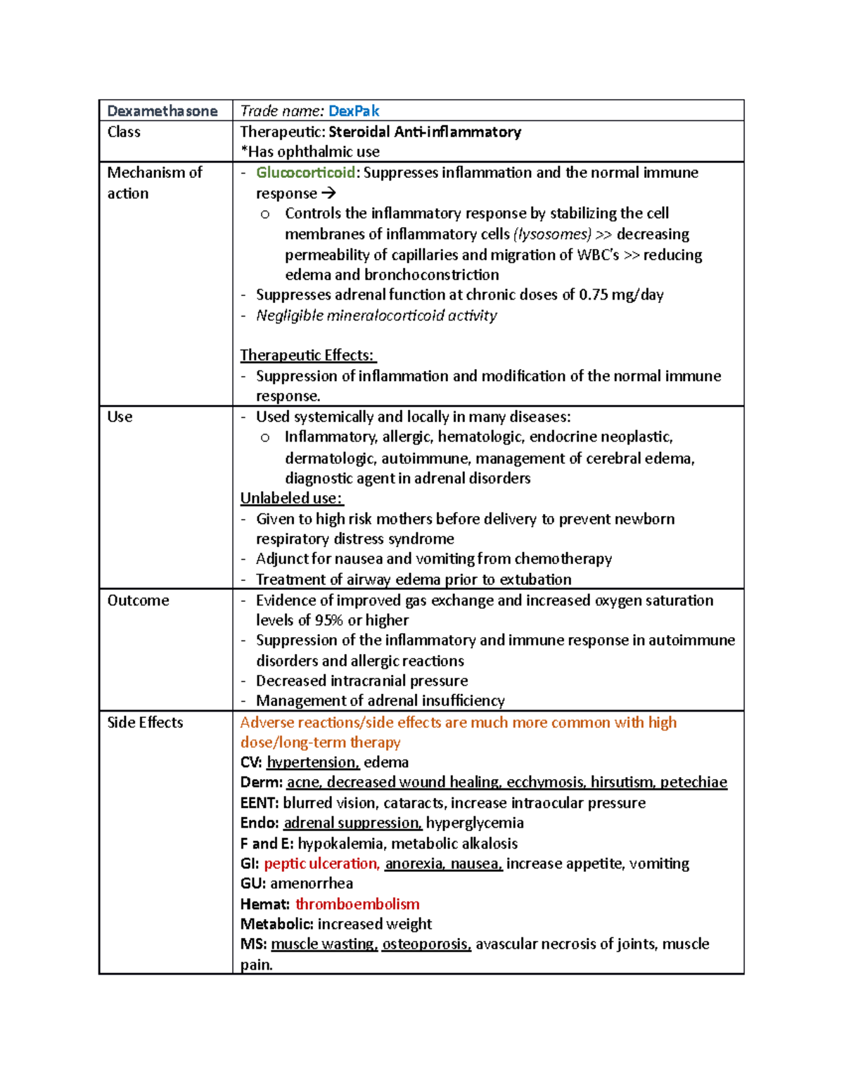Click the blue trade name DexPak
(354, 111)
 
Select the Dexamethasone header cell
(162, 111)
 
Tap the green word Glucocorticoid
(305, 173)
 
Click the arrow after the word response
(328, 193)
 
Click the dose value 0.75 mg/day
(621, 295)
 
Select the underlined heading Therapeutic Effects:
(307, 356)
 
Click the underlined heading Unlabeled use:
(291, 499)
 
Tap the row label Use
(120, 417)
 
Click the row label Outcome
(138, 600)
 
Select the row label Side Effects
(145, 723)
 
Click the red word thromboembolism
(357, 904)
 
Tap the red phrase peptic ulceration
(321, 863)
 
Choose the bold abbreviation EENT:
(260, 803)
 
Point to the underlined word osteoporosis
(426, 944)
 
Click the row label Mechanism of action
(154, 183)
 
